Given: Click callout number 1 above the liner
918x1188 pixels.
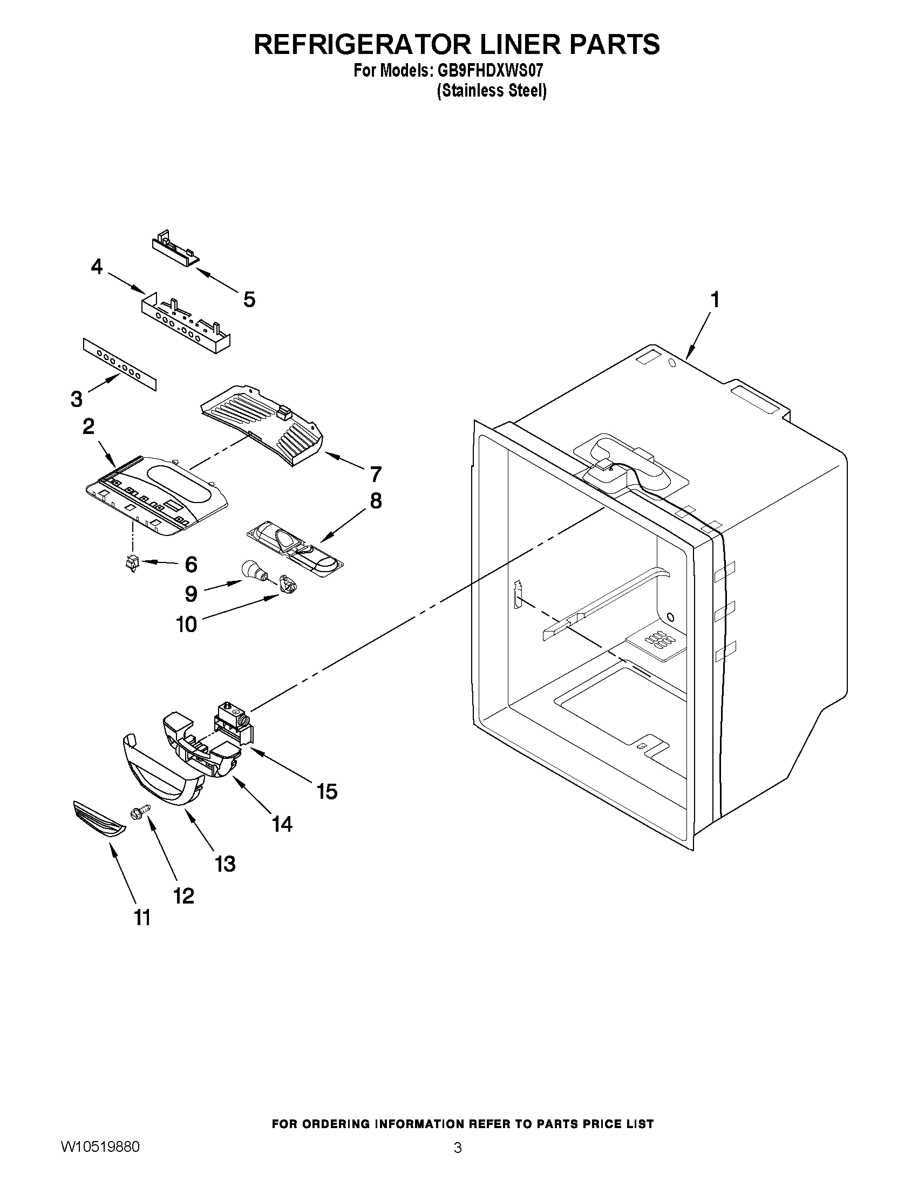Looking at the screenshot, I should pos(715,300).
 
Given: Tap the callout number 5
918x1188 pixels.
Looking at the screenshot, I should pos(249,299).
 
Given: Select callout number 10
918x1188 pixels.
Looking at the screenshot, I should pos(187,624).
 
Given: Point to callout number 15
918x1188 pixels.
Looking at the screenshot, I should pos(328,791).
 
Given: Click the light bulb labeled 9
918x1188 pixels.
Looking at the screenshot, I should pos(253,571).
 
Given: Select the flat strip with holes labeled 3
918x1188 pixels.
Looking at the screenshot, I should pos(120,364).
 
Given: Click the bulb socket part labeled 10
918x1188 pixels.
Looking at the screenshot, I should pos(286,585).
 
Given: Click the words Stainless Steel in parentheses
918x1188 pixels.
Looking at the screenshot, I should pos(492,91).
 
